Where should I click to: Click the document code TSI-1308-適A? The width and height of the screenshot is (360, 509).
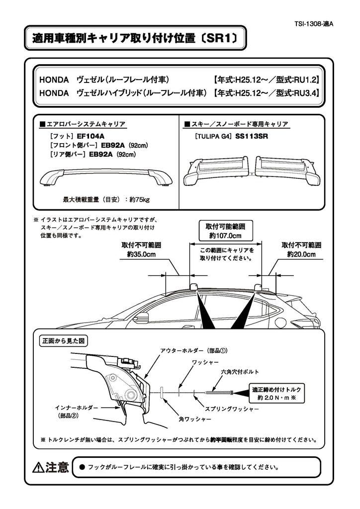(326, 23)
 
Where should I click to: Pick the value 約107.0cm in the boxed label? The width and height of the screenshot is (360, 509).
(225, 236)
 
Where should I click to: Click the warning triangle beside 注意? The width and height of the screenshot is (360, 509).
(38, 467)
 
